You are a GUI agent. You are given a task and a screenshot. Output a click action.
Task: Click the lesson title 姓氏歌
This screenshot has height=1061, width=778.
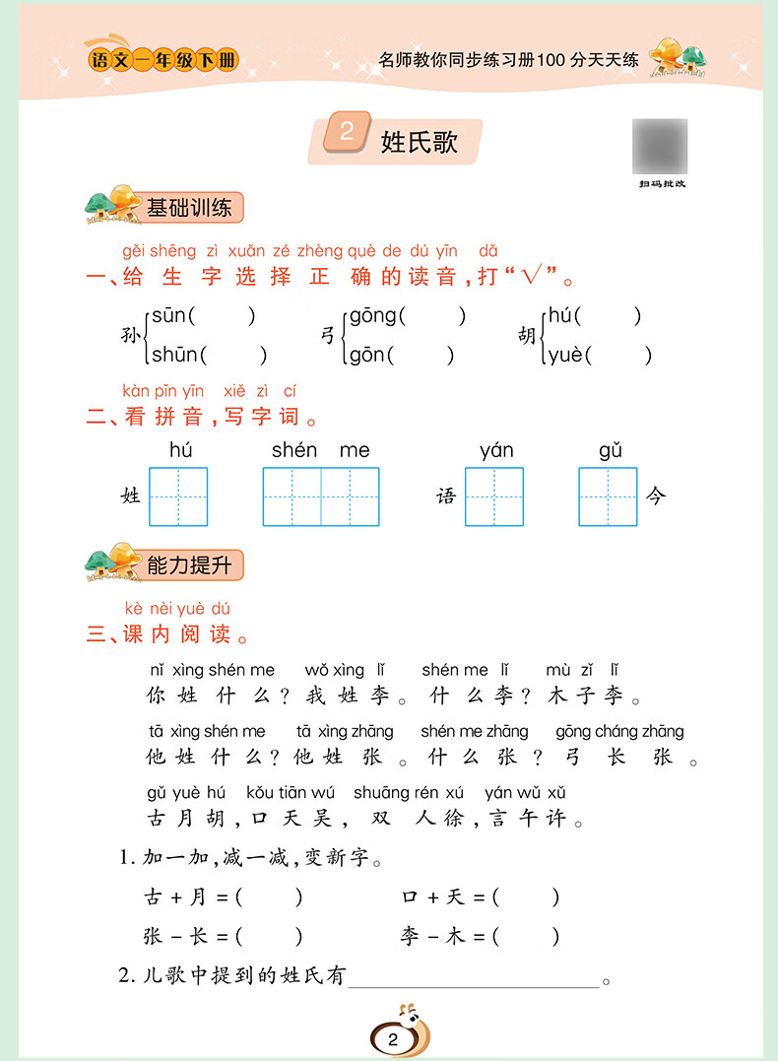pyautogui.click(x=420, y=142)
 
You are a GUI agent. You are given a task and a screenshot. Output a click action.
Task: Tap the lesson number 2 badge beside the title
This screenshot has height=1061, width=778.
pyautogui.click(x=346, y=133)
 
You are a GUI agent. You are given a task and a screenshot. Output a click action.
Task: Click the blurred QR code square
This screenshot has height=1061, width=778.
pyautogui.click(x=660, y=145)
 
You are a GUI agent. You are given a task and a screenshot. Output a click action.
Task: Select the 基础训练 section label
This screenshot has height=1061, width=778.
pyautogui.click(x=189, y=208)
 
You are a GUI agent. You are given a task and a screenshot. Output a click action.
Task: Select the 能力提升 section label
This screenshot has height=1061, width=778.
pyautogui.click(x=189, y=564)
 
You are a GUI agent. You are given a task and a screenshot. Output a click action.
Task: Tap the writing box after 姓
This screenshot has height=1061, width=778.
pyautogui.click(x=178, y=497)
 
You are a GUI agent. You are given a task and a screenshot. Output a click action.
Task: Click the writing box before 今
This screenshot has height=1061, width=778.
pyautogui.click(x=608, y=497)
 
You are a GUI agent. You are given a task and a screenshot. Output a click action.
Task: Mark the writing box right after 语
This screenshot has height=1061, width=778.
pyautogui.click(x=494, y=497)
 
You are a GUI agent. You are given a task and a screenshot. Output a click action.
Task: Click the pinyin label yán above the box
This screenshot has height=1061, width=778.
pyautogui.click(x=496, y=451)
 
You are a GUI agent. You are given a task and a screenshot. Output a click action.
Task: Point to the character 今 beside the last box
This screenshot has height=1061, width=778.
pyautogui.click(x=656, y=496)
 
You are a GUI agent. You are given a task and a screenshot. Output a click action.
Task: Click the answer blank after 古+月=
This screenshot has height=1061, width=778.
pyautogui.click(x=270, y=897)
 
